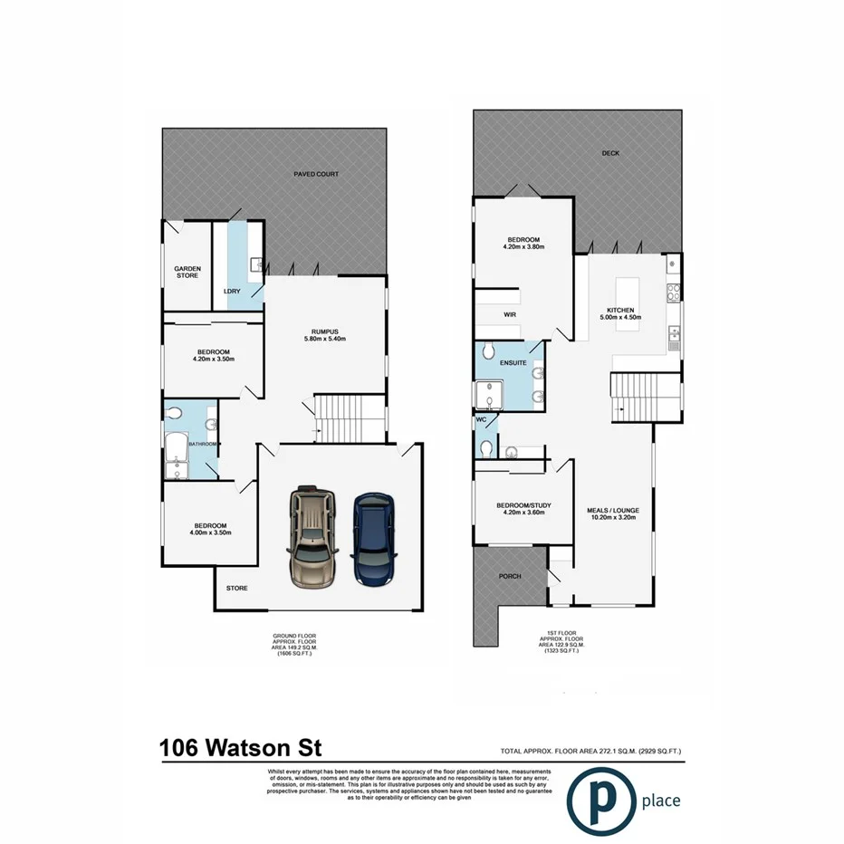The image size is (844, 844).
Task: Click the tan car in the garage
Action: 311,538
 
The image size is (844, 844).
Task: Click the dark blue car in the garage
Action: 373,538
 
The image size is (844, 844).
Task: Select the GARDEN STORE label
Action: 187,272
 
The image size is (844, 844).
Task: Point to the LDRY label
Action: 231,291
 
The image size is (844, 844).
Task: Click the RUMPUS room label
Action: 324,331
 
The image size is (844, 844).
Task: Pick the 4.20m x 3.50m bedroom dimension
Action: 213,360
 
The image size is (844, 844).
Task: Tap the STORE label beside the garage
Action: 236,589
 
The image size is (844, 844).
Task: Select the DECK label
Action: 610,154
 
